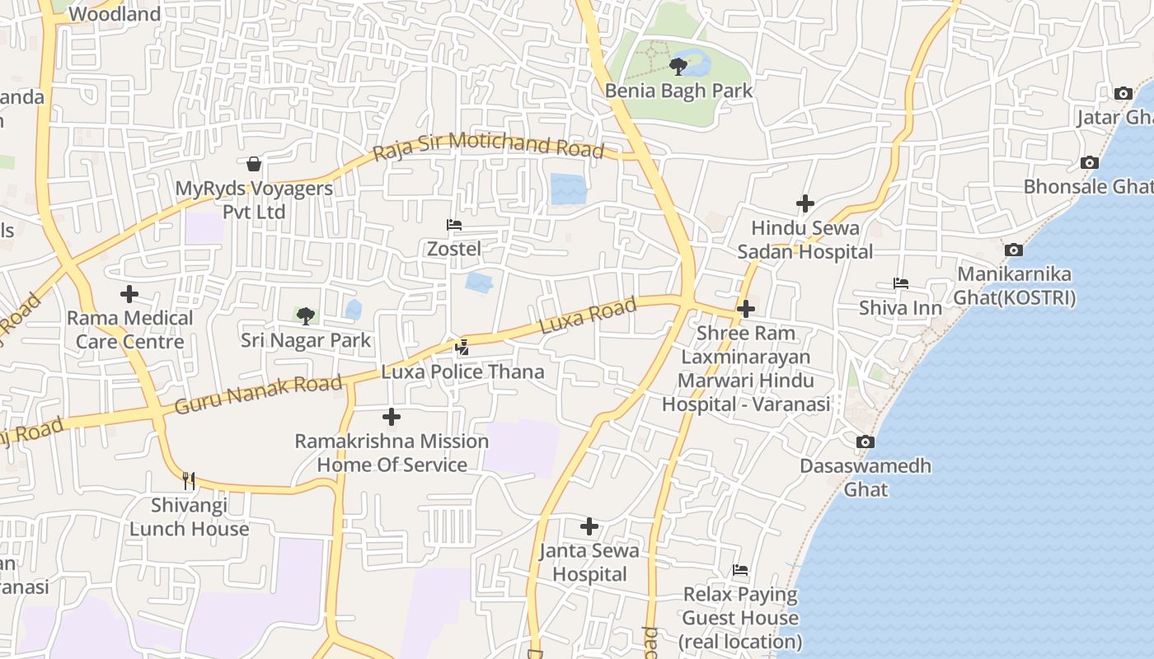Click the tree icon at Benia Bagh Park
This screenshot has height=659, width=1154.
pos(678,66)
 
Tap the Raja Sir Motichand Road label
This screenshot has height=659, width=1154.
pos(488,146)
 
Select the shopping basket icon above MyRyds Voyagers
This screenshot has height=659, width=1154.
pos(254,164)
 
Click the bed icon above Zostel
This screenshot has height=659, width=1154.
pos(453,224)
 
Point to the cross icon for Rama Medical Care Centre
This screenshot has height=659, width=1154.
pos(129,294)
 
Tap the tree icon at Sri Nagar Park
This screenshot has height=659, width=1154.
pos(306,315)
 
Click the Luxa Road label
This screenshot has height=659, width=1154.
pos(588,316)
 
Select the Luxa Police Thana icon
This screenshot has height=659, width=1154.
pos(462,348)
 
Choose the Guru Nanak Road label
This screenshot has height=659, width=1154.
pos(258,395)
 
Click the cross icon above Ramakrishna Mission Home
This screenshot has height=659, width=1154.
pos(392,417)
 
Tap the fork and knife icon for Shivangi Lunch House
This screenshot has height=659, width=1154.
pos(189,480)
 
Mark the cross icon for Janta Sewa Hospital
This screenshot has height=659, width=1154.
pos(589,526)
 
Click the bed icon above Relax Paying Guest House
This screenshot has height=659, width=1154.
pos(740,570)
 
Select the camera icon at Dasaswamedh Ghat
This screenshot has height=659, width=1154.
pos(865,442)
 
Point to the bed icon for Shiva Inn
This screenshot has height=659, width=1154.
pos(900,283)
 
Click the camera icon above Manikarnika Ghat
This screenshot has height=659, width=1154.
pos(1014,250)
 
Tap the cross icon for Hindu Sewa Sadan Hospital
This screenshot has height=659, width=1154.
pos(805,203)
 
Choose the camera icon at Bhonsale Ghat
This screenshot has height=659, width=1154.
pos(1090,163)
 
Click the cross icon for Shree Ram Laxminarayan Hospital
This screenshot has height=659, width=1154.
pos(746,309)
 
